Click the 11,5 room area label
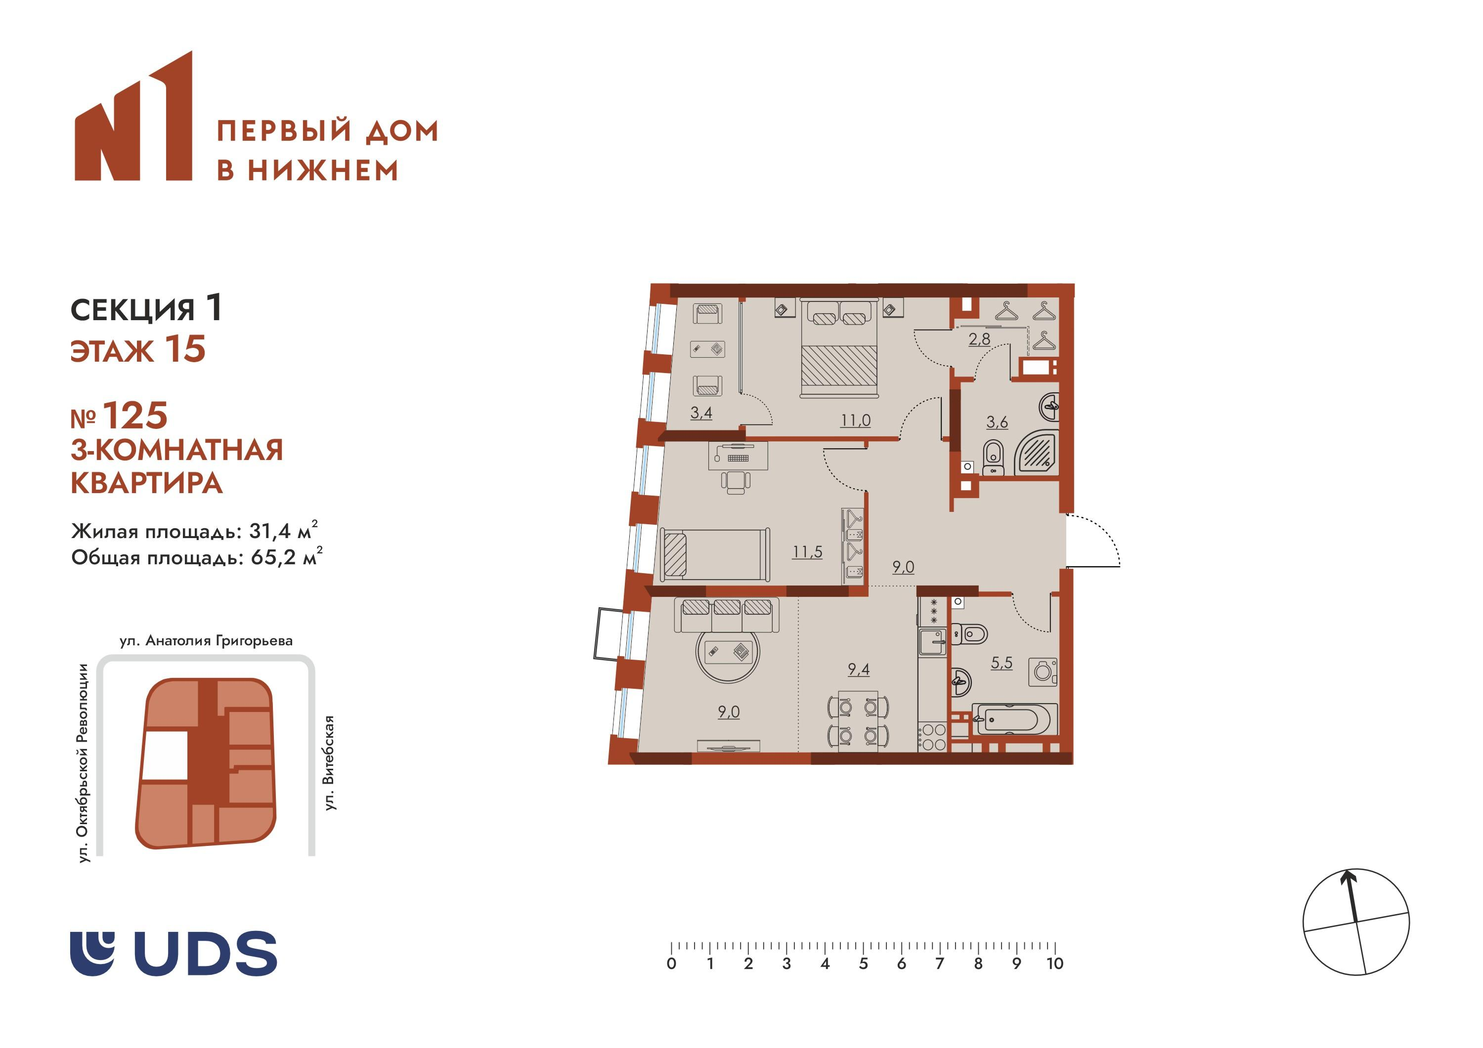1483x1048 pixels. point(807,551)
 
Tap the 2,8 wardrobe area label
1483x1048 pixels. point(979,338)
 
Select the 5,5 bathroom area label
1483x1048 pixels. point(1002,663)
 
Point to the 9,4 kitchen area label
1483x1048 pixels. point(858,670)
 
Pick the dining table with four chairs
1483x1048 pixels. point(858,721)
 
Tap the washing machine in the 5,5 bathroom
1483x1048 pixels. point(1043,672)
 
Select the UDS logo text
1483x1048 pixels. point(206,954)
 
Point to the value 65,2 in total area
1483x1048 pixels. point(274,557)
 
